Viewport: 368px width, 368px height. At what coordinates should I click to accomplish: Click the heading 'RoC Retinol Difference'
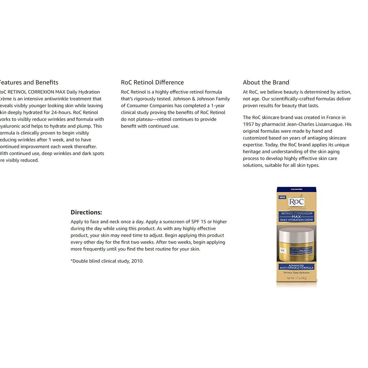152,82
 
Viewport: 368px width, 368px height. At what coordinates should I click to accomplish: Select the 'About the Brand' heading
266,82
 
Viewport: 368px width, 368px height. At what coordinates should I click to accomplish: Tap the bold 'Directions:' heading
86,212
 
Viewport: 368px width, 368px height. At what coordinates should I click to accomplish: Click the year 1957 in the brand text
249,124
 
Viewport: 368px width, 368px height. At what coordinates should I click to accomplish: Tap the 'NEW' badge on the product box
282,197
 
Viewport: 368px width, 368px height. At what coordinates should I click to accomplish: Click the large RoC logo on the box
296,202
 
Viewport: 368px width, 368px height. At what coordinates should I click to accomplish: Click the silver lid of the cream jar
296,235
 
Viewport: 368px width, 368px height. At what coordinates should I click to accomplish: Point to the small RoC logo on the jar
284,250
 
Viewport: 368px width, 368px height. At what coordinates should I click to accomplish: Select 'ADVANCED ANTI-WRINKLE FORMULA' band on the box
297,267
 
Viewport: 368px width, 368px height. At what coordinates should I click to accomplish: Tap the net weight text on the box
297,279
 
